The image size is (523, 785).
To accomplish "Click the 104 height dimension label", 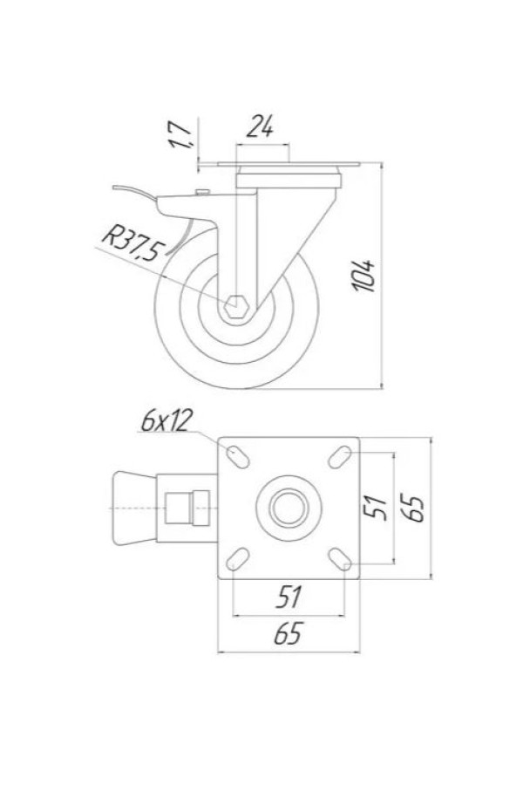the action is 363,276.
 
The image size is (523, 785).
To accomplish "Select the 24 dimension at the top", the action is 261,126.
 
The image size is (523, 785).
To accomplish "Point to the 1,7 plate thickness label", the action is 180,134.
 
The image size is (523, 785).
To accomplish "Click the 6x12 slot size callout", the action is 165,421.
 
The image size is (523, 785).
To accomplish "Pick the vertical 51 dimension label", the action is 376,508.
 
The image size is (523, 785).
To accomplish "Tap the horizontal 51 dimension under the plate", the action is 289,597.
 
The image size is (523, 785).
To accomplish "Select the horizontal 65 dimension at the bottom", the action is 289,633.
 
